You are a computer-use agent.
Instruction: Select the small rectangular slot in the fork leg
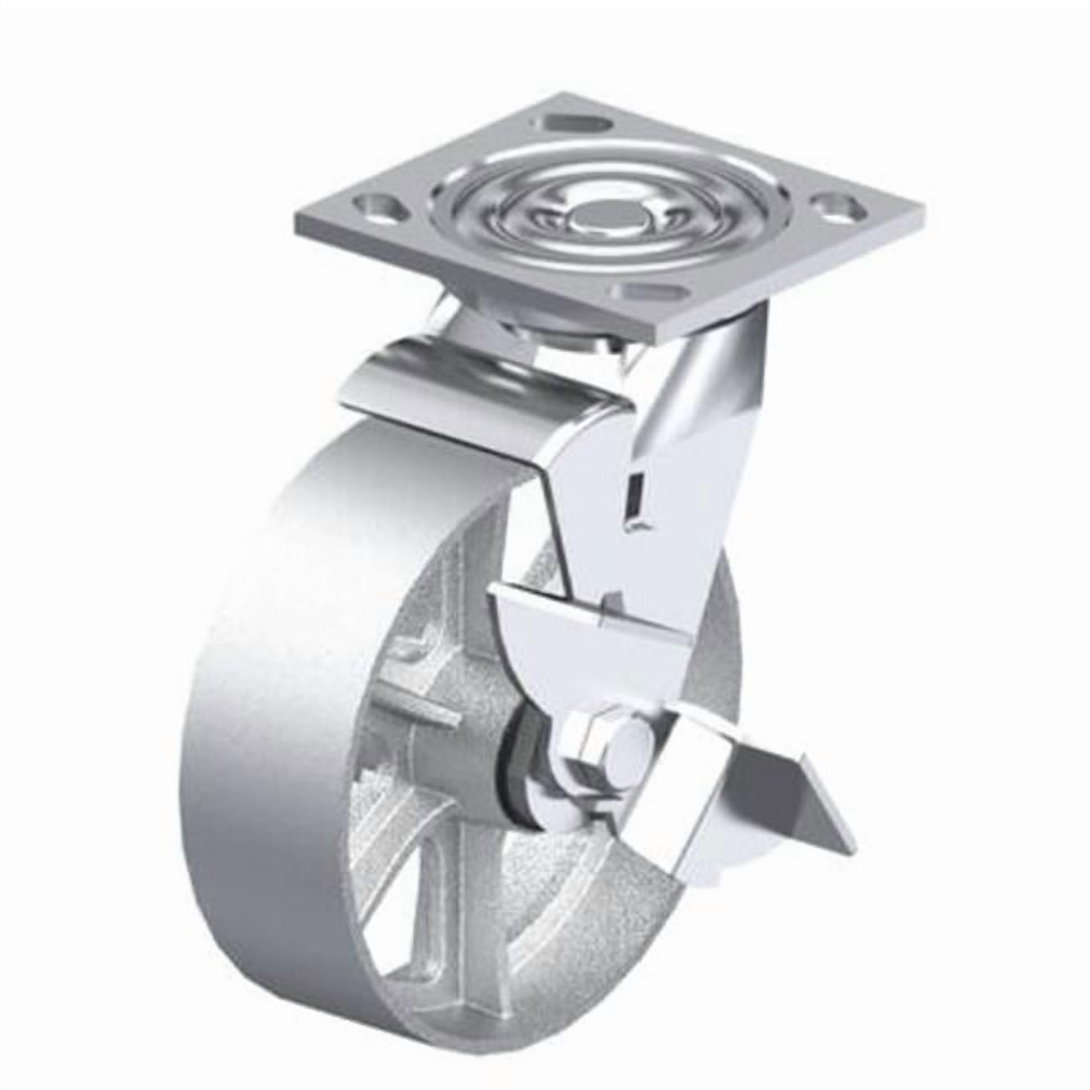(x=636, y=503)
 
